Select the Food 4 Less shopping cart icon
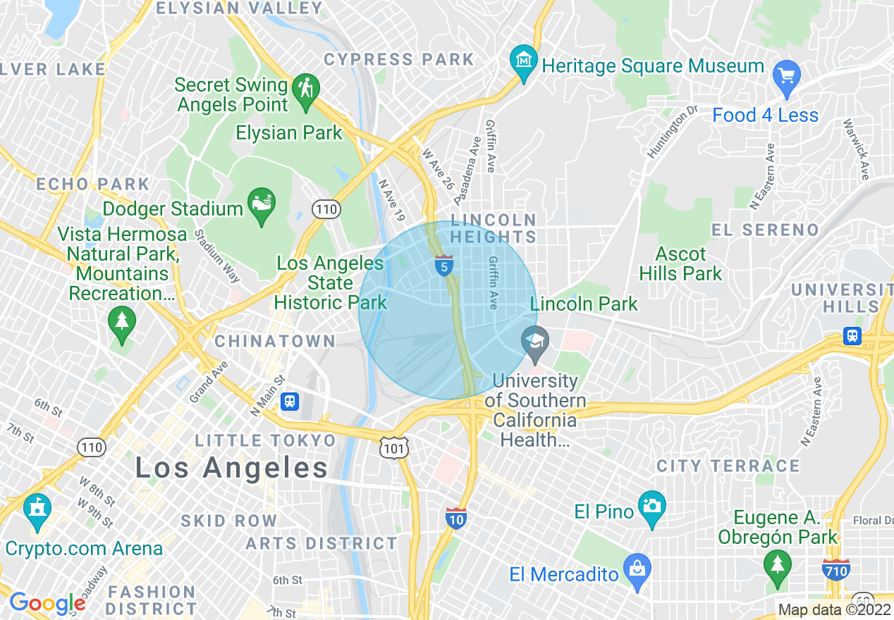[x=786, y=75]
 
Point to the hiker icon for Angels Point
[x=307, y=91]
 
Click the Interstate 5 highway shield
[x=443, y=266]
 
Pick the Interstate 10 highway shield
[x=456, y=519]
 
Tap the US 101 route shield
[x=393, y=447]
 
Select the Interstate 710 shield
[x=835, y=569]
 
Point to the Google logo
[x=47, y=603]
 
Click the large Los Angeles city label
[x=231, y=468]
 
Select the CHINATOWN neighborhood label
[x=275, y=342]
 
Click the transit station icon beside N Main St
[x=290, y=402]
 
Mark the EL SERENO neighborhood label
[x=765, y=230]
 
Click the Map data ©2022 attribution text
[x=834, y=610]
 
